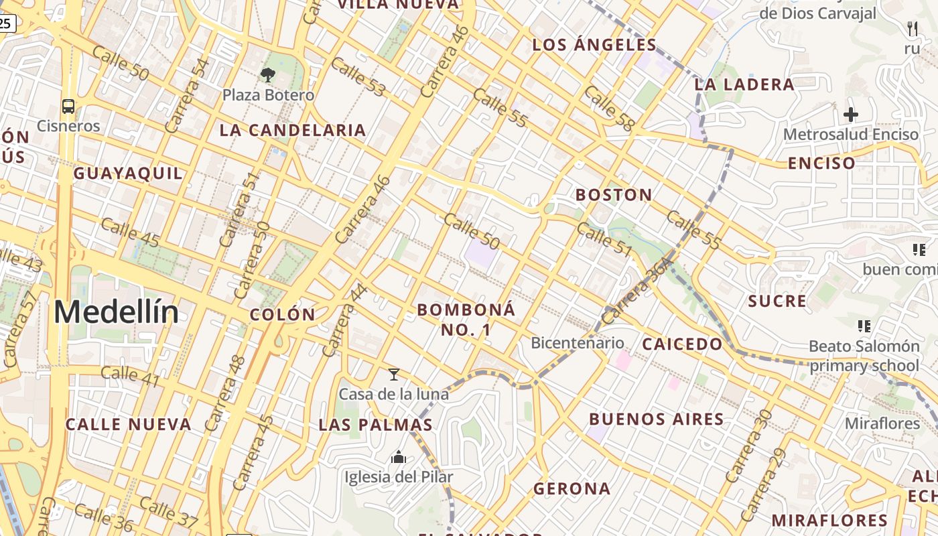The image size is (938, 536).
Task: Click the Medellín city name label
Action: pyautogui.click(x=116, y=313)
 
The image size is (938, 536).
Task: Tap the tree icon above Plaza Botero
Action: pyautogui.click(x=268, y=74)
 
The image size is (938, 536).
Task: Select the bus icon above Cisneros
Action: pyautogui.click(x=68, y=106)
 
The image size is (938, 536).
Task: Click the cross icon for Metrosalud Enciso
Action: pyautogui.click(x=851, y=115)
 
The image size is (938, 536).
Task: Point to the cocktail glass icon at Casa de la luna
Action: pyautogui.click(x=394, y=375)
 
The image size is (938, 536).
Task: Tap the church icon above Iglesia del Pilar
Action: pyautogui.click(x=399, y=458)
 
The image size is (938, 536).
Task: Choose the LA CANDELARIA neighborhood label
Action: pyautogui.click(x=293, y=131)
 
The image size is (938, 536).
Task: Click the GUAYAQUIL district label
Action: pyautogui.click(x=128, y=174)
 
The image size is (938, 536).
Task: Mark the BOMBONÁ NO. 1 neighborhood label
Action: pyautogui.click(x=466, y=320)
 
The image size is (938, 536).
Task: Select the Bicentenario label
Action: pyautogui.click(x=577, y=343)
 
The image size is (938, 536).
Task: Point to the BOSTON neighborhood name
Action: pyautogui.click(x=614, y=195)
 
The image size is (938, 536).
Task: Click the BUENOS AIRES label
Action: pyautogui.click(x=657, y=419)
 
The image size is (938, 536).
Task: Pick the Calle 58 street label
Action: pyautogui.click(x=609, y=108)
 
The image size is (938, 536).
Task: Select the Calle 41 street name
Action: pyautogui.click(x=131, y=377)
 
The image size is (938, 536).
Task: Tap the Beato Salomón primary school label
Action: pyautogui.click(x=864, y=356)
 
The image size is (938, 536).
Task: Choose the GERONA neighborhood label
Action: pyautogui.click(x=572, y=489)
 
